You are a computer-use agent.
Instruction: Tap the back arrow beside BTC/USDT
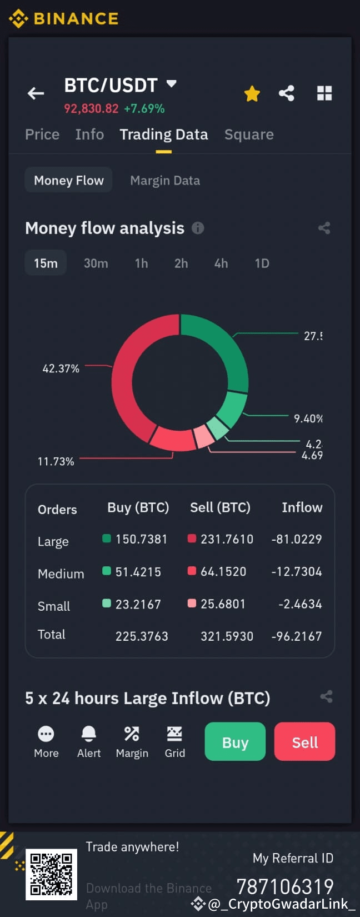point(36,93)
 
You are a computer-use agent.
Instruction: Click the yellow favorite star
point(252,93)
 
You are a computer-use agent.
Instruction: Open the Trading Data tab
point(163,134)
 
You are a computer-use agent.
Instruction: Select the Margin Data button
point(165,181)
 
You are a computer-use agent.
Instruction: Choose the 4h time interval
point(221,263)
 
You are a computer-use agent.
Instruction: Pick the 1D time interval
point(262,263)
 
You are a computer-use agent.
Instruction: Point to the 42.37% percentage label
point(61,368)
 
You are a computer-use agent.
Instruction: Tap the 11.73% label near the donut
point(56,461)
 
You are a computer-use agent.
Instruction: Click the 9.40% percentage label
point(308,418)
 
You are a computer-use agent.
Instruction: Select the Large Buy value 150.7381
point(141,539)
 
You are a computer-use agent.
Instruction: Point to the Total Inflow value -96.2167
point(297,636)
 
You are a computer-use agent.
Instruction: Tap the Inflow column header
point(302,507)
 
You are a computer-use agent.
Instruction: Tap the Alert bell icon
point(89,734)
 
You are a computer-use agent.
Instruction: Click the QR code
point(51,874)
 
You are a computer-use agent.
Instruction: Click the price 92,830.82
point(91,108)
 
